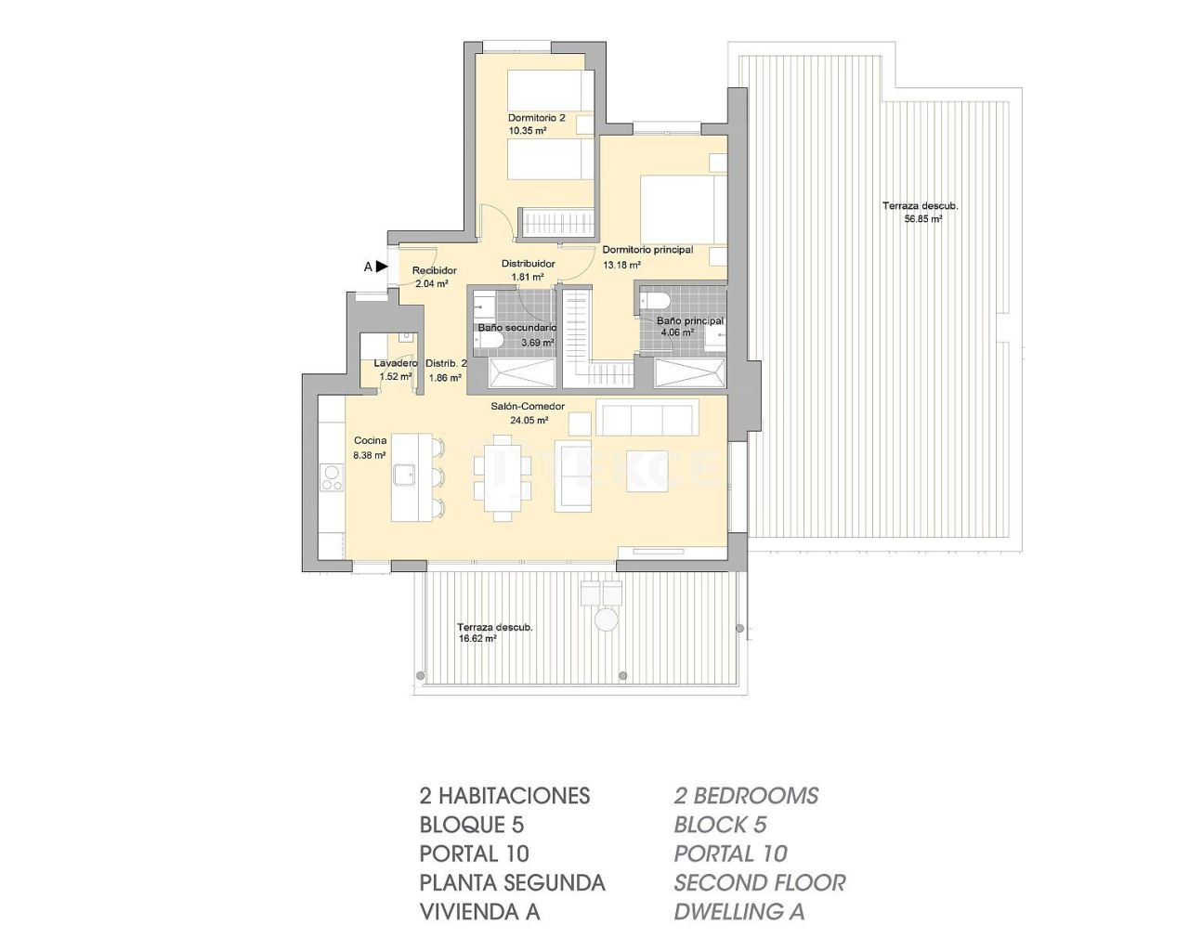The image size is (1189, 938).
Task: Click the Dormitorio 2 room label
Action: tap(536, 118)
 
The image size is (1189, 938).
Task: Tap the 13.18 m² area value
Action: tap(621, 265)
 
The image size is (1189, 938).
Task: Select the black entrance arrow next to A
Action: tap(382, 267)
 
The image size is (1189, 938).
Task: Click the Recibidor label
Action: tap(435, 270)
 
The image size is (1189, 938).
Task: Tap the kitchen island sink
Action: tap(404, 476)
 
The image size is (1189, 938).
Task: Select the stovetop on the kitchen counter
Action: tap(331, 478)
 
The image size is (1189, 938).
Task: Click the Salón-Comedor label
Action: tap(528, 406)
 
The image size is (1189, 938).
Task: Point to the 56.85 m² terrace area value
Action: tap(923, 219)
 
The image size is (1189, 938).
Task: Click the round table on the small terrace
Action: tap(607, 619)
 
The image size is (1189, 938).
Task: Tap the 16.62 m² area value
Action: tap(477, 639)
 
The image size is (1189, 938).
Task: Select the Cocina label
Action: tap(370, 441)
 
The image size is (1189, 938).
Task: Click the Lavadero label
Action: tap(396, 363)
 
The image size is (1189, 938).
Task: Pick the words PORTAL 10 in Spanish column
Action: tap(474, 853)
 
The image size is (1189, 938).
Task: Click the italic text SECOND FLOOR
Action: tap(759, 882)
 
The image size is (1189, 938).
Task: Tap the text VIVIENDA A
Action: tap(479, 911)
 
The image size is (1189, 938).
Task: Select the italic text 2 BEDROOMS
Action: tap(746, 795)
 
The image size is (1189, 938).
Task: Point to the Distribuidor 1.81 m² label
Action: tap(528, 270)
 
